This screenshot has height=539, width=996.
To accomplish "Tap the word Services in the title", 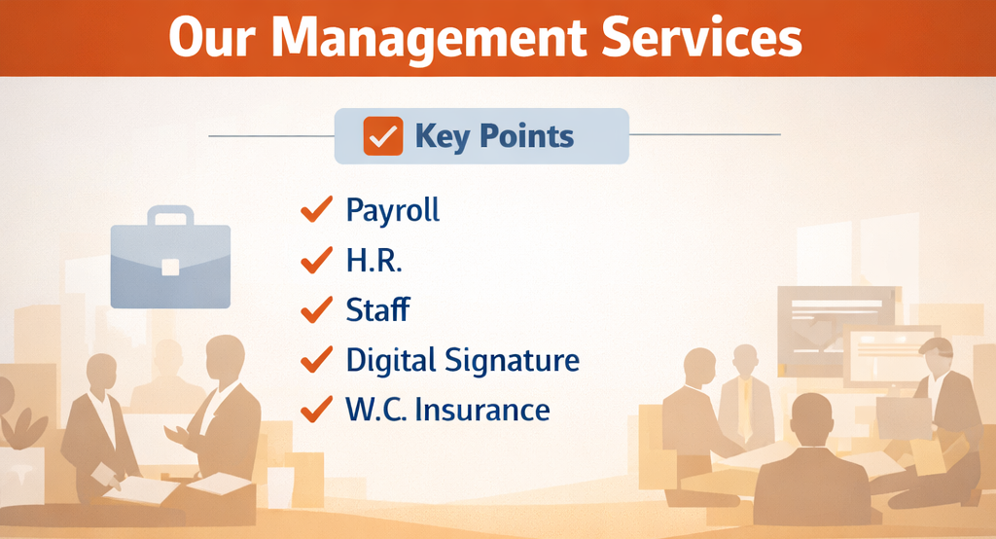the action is [702, 37].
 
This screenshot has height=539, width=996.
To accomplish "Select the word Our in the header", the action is [212, 38].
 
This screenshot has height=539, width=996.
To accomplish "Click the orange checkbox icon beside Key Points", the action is [383, 136].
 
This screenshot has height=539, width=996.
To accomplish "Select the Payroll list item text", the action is [393, 210].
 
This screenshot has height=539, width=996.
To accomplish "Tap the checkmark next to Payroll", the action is [316, 209].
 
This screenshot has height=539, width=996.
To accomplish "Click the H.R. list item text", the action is [374, 260].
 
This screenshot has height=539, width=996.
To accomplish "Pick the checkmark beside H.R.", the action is [316, 260].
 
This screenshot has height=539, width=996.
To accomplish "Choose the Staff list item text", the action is [378, 309].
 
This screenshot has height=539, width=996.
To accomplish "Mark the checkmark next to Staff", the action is [316, 309].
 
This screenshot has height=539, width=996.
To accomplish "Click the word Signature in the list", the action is [512, 361].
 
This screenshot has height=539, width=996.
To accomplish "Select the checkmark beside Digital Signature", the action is [316, 359].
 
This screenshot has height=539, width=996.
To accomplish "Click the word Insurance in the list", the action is [482, 410].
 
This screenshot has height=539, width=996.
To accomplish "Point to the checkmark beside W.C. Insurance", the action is [316, 409].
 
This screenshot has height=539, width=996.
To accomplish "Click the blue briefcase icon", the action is [170, 257].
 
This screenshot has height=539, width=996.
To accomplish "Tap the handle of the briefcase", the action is [171, 215].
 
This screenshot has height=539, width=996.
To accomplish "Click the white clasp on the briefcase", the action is [170, 267].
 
